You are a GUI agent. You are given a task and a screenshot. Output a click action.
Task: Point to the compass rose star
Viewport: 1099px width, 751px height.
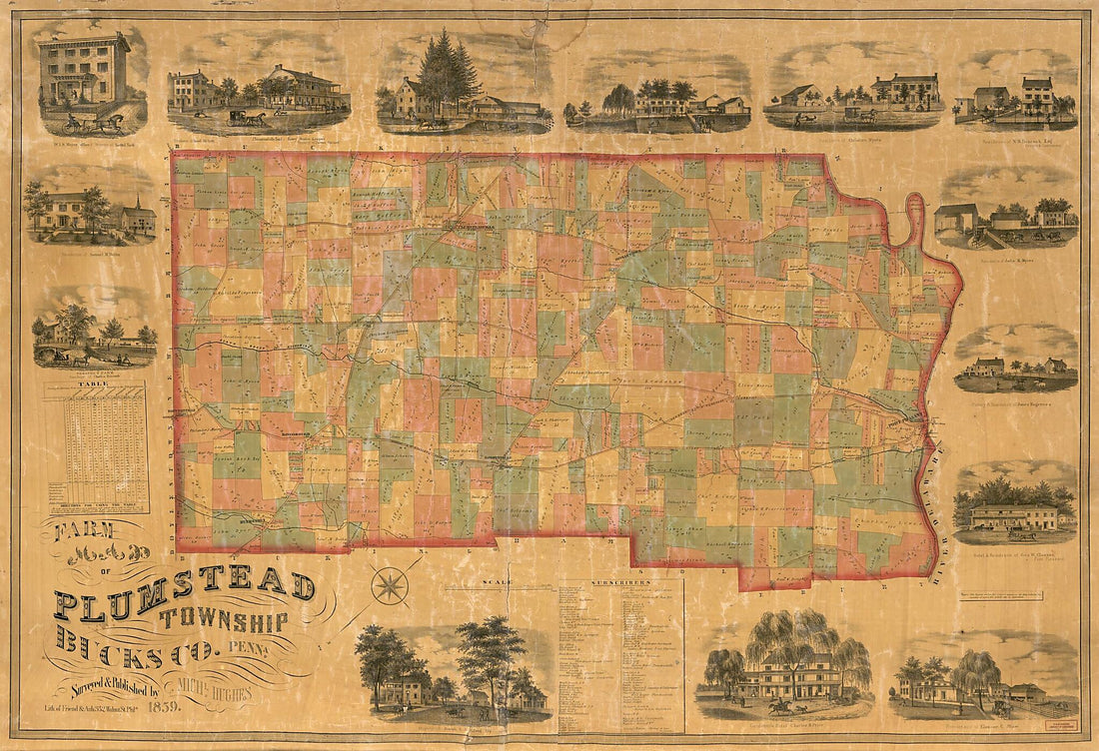(389, 585)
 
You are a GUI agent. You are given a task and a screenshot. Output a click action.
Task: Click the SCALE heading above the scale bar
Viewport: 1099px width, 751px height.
(496, 582)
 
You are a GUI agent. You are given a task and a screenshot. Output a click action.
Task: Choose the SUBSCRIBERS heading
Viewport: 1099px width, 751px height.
(620, 581)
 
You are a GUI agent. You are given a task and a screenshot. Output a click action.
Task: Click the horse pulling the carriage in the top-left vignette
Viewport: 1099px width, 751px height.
(108, 124)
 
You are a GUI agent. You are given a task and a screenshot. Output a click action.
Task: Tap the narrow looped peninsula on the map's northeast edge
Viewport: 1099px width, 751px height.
(914, 215)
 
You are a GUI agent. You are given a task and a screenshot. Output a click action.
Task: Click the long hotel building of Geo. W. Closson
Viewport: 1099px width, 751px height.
(1014, 517)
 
